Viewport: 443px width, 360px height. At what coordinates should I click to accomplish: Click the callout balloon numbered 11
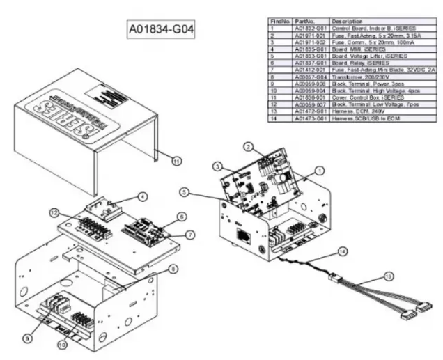pos(177,161)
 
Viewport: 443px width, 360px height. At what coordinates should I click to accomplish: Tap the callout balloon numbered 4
pos(142,197)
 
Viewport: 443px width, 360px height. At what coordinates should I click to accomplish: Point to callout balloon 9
pos(27,337)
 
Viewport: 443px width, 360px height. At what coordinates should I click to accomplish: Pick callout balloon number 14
pos(343,252)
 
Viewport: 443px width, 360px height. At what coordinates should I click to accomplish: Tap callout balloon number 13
pos(389,276)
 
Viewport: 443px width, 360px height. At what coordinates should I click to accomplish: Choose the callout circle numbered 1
pos(319,170)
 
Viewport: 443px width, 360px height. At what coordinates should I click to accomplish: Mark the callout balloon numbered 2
pos(248,147)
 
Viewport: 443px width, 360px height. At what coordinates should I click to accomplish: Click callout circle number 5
pos(185,192)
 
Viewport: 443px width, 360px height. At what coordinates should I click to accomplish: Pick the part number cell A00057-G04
pos(311,77)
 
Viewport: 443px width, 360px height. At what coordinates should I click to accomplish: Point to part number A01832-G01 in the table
pos(311,29)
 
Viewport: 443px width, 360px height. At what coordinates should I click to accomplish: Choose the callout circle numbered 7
pos(190,235)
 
